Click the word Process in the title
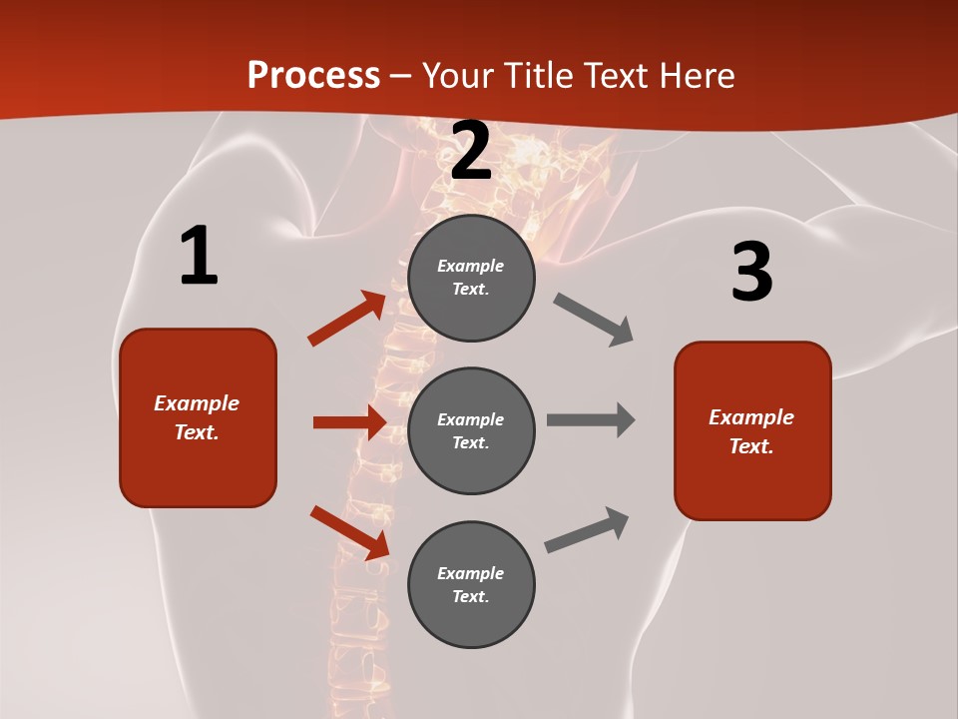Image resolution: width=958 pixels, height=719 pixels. [x=313, y=76]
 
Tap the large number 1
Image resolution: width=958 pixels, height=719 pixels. [x=199, y=257]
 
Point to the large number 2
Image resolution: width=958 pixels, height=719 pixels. [x=471, y=152]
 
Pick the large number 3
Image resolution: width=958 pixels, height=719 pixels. [x=751, y=273]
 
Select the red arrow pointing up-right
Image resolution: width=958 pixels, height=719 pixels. [x=347, y=319]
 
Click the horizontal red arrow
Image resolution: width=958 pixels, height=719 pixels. [x=349, y=422]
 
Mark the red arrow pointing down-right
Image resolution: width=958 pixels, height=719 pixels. [x=349, y=532]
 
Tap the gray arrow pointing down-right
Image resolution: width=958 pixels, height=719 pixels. [x=594, y=320]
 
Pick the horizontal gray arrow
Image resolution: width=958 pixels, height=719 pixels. [x=591, y=420]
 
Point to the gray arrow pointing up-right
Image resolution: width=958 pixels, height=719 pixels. [x=587, y=530]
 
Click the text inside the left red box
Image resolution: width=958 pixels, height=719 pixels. [x=197, y=417]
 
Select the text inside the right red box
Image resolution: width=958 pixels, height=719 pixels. [x=751, y=431]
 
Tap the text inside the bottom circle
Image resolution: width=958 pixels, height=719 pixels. [x=471, y=584]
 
